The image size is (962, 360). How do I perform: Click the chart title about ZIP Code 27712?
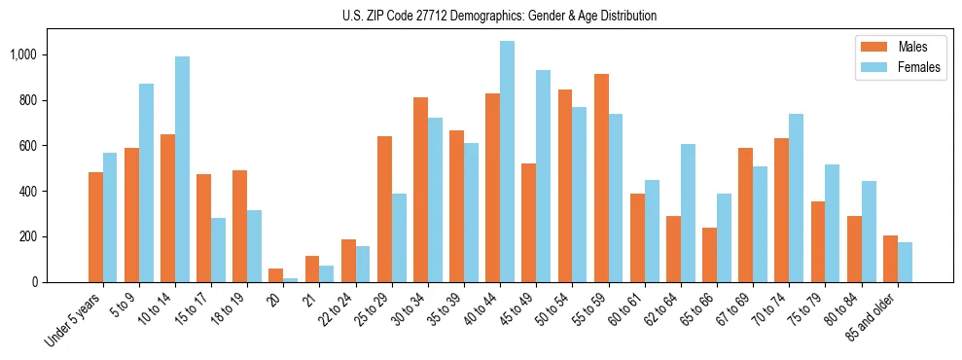point(500,16)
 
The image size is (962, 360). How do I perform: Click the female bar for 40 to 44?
point(507,162)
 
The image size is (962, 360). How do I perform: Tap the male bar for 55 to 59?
point(601,178)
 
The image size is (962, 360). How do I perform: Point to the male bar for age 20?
point(276,275)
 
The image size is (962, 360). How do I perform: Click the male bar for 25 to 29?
point(384,209)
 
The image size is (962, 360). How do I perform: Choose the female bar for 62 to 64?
point(688,213)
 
